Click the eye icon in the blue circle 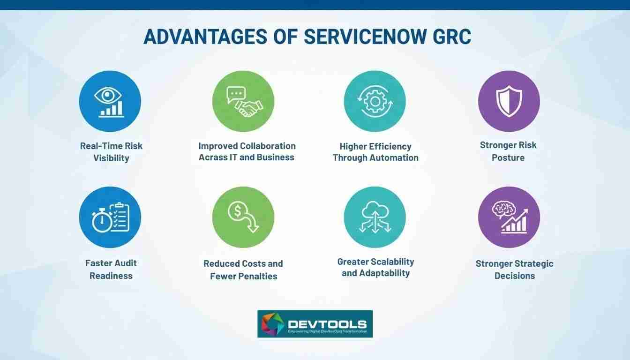[x=108, y=95]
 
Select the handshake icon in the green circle [x=249, y=109]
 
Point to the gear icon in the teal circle [x=375, y=102]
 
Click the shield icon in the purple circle [x=509, y=101]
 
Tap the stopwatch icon [x=102, y=221]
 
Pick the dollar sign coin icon [x=238, y=211]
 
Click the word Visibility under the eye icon [x=111, y=158]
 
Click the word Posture [x=508, y=158]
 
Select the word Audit [x=124, y=263]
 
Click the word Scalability [x=392, y=262]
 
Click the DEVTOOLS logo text [x=327, y=324]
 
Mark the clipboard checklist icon [x=120, y=217]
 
